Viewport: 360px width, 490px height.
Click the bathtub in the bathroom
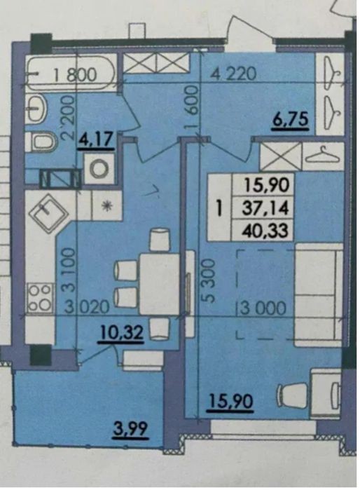[x=70, y=73]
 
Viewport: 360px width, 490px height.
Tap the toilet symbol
[x=41, y=142]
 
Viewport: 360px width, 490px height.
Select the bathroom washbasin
[x=36, y=109]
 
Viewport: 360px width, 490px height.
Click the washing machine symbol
[x=99, y=169]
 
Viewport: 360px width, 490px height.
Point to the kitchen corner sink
[x=49, y=213]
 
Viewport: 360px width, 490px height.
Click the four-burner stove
[x=39, y=297]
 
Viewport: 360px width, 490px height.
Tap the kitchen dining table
[x=159, y=284]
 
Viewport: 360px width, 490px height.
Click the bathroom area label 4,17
[x=96, y=140]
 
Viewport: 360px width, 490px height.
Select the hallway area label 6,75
[x=291, y=120]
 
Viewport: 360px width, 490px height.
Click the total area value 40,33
[x=266, y=231]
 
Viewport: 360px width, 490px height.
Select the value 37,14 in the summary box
[x=266, y=208]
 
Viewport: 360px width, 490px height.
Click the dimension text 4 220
[x=234, y=74]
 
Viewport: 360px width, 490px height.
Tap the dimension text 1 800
[x=74, y=75]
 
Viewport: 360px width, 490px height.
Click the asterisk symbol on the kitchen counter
[x=107, y=205]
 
